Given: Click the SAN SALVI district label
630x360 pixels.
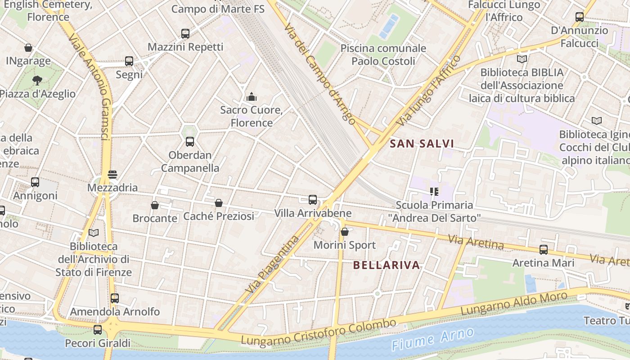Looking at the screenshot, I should coord(422,144).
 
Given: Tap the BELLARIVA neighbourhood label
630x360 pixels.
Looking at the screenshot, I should coord(387,265).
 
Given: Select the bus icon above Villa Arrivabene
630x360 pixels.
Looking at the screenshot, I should coord(313,199).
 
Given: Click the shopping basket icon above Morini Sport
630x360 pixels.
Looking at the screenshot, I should coord(345,232).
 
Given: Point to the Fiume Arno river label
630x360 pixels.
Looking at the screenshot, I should coord(433,339).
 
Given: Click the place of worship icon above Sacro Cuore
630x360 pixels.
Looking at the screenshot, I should coord(252,96).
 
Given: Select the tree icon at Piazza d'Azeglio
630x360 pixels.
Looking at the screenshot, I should coord(37,81).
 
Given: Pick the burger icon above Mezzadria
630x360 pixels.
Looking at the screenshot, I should coord(112,175).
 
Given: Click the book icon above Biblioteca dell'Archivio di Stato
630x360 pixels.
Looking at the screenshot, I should coord(94,233).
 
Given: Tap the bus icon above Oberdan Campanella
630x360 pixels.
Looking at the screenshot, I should coord(190,142).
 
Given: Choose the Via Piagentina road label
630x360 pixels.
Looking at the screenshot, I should coord(273,264).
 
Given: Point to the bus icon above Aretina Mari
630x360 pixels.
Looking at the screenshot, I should coord(544,249).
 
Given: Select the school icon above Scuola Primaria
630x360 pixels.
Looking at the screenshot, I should coord(434,192).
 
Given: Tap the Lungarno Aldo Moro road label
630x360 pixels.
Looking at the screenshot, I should coord(513,304).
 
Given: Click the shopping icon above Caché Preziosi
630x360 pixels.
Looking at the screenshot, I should coord(219,203).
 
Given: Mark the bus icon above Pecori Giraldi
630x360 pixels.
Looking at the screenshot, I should coord(98,330).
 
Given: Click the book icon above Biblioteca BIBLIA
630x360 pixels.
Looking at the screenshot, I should coord(522,59).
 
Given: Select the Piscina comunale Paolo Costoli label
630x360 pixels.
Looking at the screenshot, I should coord(383,54).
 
